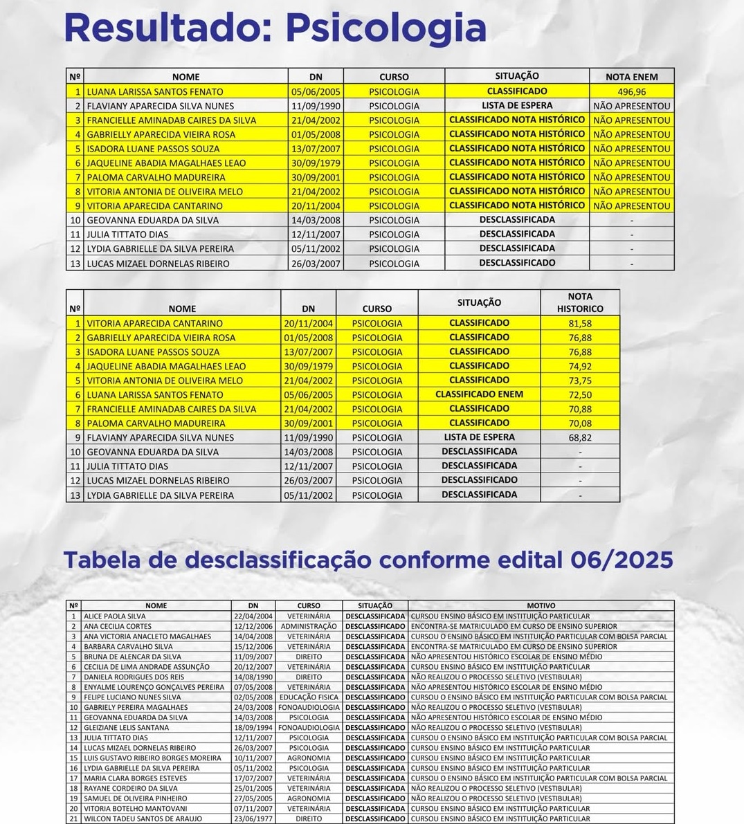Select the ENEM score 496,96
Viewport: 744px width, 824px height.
(631, 91)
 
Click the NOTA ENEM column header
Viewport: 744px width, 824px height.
(631, 77)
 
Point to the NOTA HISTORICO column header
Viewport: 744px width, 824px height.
(580, 302)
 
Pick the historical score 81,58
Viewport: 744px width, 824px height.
(580, 323)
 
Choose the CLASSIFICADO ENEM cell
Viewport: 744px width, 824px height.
(479, 394)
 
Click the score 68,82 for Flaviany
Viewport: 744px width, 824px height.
(580, 438)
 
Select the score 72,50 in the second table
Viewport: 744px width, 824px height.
(580, 394)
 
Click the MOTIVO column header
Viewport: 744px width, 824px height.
(541, 605)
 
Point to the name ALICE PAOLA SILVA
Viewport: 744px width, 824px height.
(114, 616)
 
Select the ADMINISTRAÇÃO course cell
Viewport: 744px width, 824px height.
(309, 626)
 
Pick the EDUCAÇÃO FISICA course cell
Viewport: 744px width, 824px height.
(309, 697)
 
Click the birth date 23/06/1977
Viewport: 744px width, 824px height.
(253, 818)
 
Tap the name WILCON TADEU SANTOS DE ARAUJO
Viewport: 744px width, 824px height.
(143, 818)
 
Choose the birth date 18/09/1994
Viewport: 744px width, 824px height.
(253, 728)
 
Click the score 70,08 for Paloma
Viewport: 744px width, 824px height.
(580, 423)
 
